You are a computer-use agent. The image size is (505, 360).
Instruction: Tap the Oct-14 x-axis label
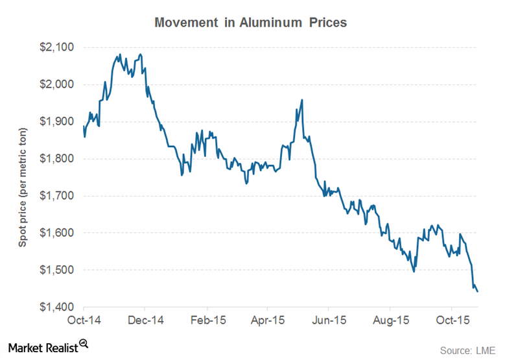tap(84, 320)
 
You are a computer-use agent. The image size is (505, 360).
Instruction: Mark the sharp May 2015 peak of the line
tap(302, 100)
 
